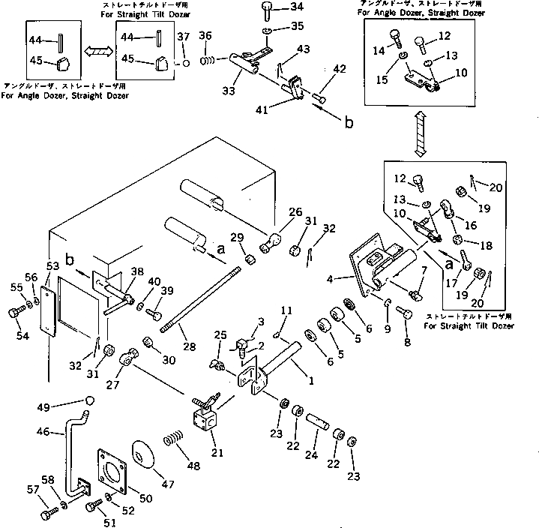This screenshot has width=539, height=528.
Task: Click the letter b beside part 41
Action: click(x=348, y=123)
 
